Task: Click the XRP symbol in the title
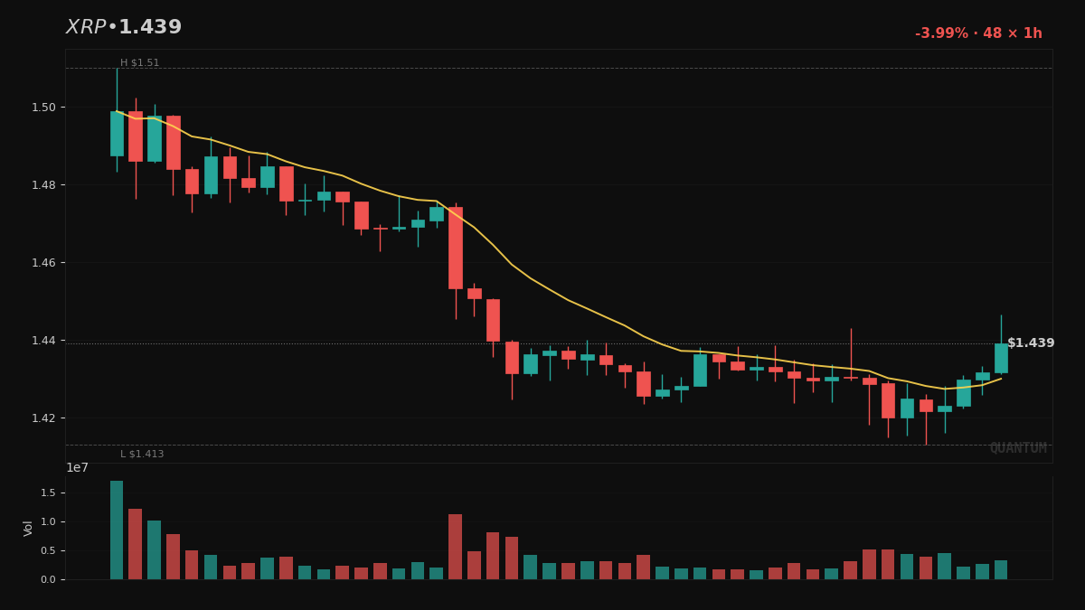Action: [x=85, y=28]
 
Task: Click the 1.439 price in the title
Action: [x=150, y=28]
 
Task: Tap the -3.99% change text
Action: [x=942, y=33]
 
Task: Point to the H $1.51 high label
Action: [x=139, y=63]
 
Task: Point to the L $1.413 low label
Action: [x=142, y=455]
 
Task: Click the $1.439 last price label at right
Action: [x=1031, y=343]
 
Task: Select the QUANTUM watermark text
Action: [x=1018, y=448]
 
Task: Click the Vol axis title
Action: [x=28, y=528]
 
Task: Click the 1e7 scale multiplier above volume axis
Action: [x=77, y=468]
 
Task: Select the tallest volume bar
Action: [x=117, y=530]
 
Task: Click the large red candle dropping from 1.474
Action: [x=456, y=248]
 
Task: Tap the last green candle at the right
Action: [x=1001, y=358]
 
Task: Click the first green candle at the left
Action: [x=117, y=134]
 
